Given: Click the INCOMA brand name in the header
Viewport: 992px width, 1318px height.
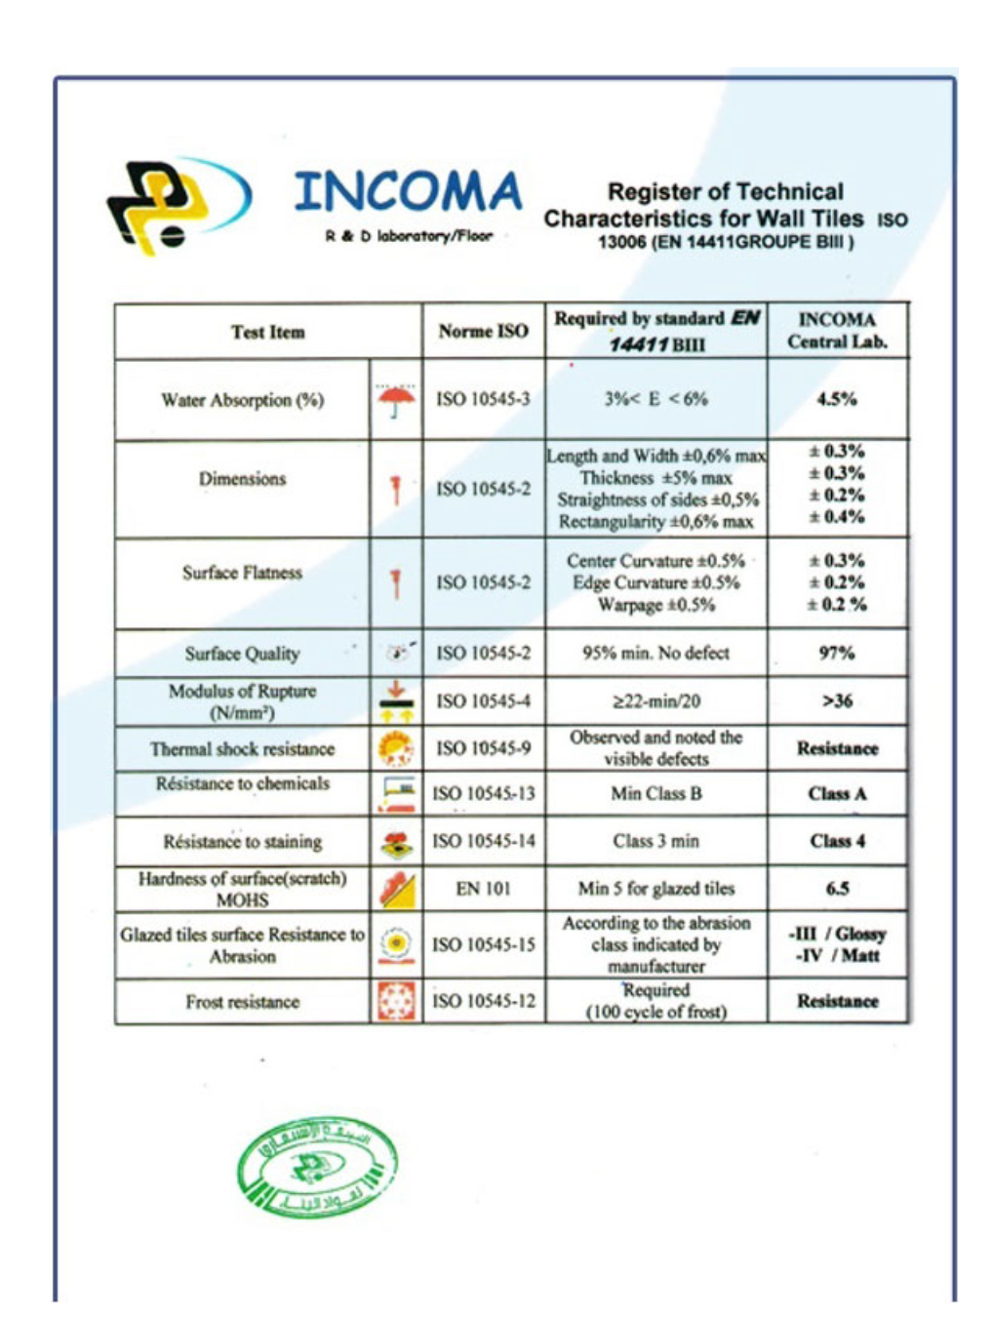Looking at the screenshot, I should coord(408,192).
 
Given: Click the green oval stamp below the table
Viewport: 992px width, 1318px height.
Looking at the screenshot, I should coord(317,1167).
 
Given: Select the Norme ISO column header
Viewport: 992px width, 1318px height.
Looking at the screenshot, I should coord(483,332).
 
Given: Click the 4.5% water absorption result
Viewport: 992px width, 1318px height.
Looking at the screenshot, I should coord(837,399).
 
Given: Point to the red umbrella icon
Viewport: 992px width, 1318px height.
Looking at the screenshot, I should coord(395,399).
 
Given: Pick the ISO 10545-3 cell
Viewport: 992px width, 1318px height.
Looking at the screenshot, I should coord(483,399).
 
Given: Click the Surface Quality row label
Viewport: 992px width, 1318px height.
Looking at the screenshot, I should coord(242,654).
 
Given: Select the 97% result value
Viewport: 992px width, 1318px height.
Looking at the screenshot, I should coord(837,653).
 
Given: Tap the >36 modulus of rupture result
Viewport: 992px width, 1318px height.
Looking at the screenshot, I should coord(837,700).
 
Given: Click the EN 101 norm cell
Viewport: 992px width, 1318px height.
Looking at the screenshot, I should coord(483,889).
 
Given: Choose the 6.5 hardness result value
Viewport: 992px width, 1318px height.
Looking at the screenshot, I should coord(837,889).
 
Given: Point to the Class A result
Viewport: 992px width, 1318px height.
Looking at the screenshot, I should coord(837,794).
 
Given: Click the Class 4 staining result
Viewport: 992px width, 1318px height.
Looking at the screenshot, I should coord(837,841).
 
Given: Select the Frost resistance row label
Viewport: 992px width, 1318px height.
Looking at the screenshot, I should coord(242,1002).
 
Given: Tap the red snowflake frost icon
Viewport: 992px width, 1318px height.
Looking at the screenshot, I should coord(395,1002).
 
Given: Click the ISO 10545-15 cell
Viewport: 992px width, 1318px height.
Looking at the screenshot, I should coord(483,944).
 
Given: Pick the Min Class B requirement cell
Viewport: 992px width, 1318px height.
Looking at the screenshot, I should coord(655,794).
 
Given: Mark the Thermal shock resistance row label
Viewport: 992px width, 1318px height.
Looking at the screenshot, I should coord(242,749).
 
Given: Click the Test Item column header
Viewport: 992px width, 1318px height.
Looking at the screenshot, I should coord(267,333).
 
